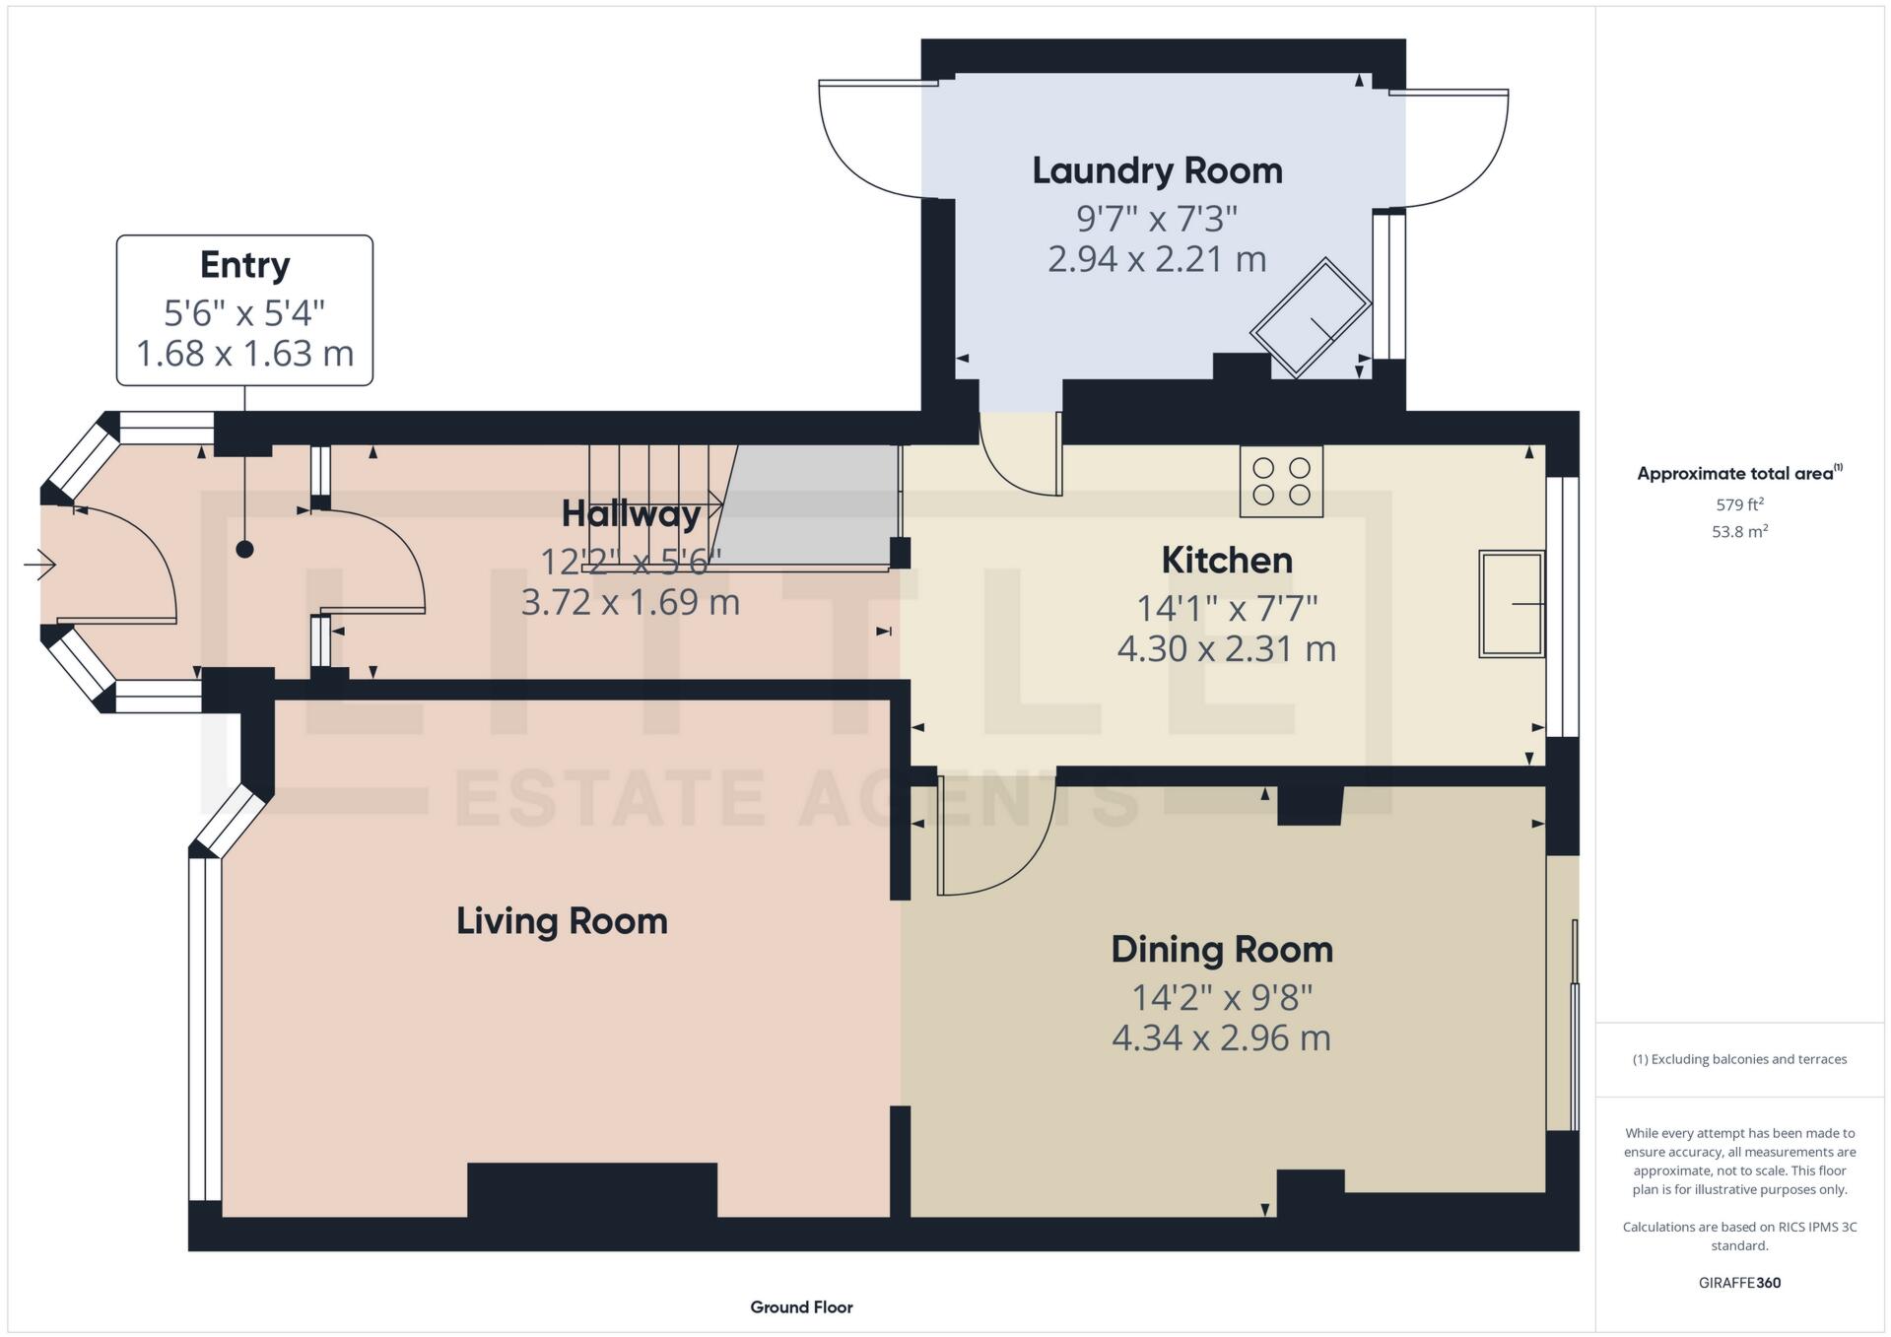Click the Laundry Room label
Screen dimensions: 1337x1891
point(1157,171)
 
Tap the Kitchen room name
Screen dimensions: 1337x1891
point(1226,561)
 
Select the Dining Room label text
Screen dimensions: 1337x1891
point(1222,950)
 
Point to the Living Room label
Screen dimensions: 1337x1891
point(562,921)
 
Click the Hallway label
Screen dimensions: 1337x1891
point(631,513)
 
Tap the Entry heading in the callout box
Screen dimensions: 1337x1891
point(244,265)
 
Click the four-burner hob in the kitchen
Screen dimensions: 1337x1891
point(1281,482)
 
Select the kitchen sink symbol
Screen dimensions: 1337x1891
point(1511,603)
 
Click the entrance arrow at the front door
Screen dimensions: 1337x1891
point(39,565)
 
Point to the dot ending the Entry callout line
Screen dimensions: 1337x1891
point(244,550)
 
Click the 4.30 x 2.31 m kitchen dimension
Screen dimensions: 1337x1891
point(1226,648)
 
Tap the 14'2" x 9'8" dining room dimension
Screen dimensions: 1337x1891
point(1222,997)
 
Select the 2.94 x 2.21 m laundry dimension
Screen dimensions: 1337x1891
point(1157,259)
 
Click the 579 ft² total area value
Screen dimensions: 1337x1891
point(1739,504)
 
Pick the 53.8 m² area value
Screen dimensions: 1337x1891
point(1739,532)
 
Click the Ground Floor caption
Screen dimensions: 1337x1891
point(801,1307)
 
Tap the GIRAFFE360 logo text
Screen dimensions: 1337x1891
point(1739,1283)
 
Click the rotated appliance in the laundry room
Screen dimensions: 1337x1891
point(1311,317)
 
